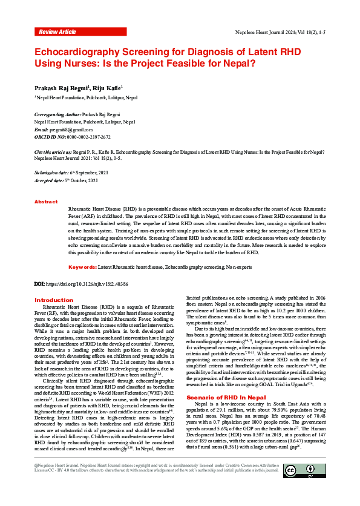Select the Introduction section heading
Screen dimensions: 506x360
54,300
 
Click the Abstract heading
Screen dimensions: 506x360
46,202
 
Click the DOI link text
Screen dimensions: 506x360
90,283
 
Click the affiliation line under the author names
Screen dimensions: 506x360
86,97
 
